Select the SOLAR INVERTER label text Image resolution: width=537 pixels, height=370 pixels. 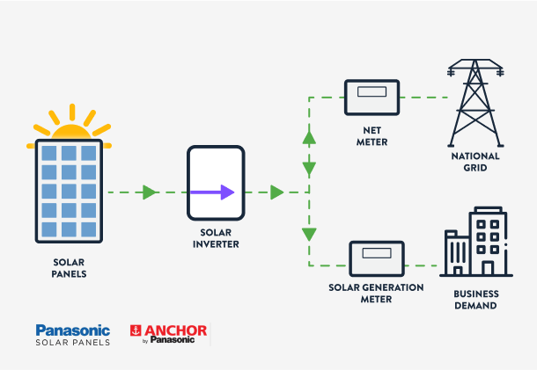(215, 237)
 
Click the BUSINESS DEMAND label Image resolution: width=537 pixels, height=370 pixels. (475, 300)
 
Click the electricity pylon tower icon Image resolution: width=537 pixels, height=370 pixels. (474, 101)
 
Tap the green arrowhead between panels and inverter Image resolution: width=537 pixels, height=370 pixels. (149, 192)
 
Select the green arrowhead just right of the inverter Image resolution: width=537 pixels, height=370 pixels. (276, 192)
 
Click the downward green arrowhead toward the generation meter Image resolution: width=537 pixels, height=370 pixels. (309, 234)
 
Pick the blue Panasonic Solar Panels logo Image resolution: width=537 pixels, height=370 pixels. (73, 335)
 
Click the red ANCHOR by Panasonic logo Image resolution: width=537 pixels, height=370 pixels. (169, 335)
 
